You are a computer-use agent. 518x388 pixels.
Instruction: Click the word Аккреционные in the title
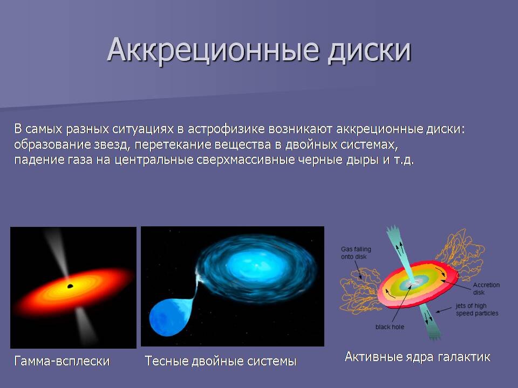coord(213,50)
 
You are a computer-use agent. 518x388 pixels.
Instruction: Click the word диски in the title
coord(369,50)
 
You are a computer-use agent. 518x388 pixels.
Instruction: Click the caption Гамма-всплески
coord(62,361)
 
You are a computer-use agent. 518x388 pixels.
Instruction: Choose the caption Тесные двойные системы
coord(221,361)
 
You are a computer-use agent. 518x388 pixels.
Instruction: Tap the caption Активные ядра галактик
coord(417,357)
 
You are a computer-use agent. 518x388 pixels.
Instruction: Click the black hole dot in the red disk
coord(70,286)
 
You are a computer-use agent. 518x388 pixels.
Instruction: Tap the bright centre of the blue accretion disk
coord(256,264)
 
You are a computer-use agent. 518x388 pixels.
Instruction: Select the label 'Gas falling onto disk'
coord(356,253)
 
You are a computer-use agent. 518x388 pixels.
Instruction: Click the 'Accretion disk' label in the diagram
coord(486,288)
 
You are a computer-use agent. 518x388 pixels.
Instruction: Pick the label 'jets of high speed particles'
coord(476,309)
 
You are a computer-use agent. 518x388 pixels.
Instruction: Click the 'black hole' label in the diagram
coord(390,327)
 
